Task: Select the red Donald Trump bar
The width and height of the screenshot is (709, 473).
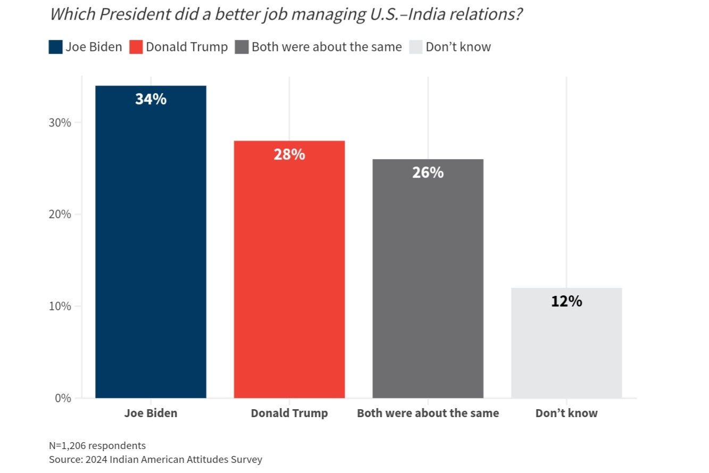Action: pos(289,277)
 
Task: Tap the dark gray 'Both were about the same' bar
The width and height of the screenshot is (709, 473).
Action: pos(428,287)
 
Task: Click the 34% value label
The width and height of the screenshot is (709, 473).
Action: pos(151,99)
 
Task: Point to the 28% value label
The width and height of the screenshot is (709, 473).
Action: pos(289,154)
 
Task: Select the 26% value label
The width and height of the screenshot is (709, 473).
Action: pos(428,172)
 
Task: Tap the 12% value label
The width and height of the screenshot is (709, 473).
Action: pos(566,301)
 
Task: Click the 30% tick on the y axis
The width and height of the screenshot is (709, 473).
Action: pos(59,122)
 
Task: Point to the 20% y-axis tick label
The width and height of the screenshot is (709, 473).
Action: pos(59,214)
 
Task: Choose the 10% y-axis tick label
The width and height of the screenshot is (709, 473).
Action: pos(59,306)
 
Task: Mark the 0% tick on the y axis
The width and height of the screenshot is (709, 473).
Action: pos(62,398)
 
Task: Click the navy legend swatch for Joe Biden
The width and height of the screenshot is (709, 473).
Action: pos(55,47)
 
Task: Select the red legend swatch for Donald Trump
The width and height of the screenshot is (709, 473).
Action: pos(136,47)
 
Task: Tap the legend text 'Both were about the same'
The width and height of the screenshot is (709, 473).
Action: pos(327,47)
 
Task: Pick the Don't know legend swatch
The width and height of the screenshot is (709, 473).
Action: pos(416,47)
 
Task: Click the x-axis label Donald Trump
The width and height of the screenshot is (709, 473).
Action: pos(289,413)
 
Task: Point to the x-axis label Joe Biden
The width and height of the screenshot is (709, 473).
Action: pos(151,413)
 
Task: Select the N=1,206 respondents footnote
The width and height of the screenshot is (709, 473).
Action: pos(97,445)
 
